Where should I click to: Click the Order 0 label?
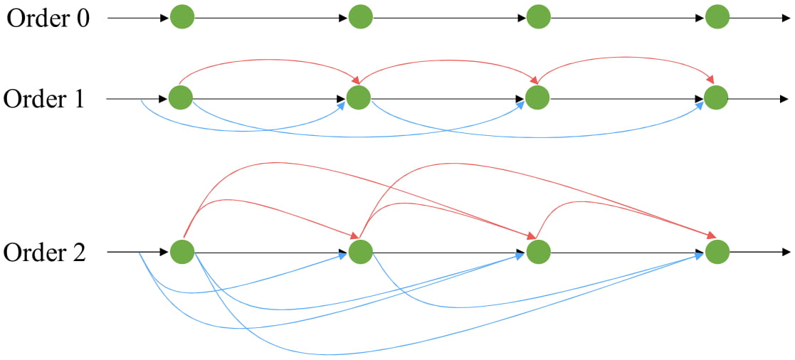(48, 18)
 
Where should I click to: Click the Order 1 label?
(44, 99)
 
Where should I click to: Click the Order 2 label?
(44, 253)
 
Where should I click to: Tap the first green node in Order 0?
(182, 17)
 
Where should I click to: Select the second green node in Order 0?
(361, 17)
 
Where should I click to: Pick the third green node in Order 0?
(539, 17)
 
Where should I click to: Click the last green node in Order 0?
(717, 17)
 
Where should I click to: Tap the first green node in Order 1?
(181, 98)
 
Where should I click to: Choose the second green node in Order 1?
(359, 98)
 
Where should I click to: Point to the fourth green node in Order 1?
(716, 98)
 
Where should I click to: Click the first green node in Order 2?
(182, 251)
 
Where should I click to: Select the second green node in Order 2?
(360, 251)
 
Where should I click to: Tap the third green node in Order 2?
(538, 251)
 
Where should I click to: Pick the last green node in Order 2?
(717, 251)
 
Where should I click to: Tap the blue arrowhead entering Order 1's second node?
(343, 106)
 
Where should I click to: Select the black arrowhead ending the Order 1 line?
(784, 98)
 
